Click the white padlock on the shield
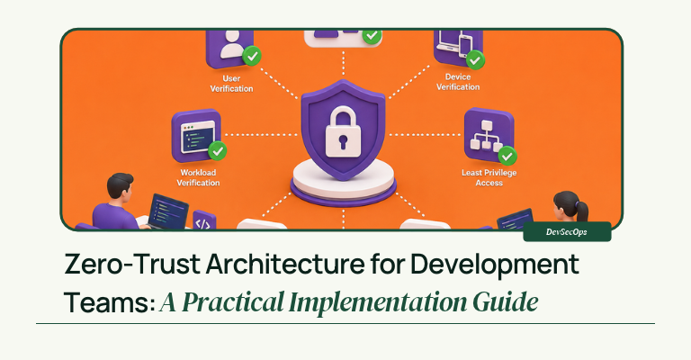point(343,131)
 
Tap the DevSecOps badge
point(567,232)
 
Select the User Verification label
point(231,84)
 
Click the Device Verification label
point(458,82)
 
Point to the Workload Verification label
point(198,177)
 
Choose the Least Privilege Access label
point(489,177)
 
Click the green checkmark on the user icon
point(252,56)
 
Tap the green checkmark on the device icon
point(475,60)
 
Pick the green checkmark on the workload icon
point(217,150)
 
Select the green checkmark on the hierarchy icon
point(507,156)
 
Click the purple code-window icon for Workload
point(196,135)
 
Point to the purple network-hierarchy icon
point(489,135)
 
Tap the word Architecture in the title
point(285,265)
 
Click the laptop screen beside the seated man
point(168,211)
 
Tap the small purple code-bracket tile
point(204,220)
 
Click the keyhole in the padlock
point(343,142)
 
